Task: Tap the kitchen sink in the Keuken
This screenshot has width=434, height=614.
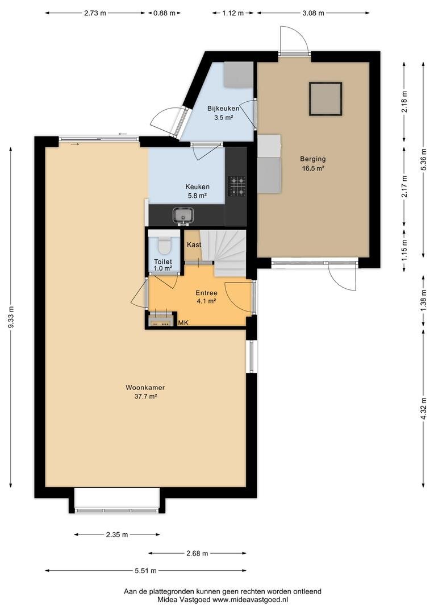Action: (x=183, y=215)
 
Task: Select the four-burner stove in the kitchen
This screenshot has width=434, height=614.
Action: (x=237, y=185)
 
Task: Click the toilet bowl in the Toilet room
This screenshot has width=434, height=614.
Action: (x=163, y=245)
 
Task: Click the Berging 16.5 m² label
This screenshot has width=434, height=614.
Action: (x=312, y=164)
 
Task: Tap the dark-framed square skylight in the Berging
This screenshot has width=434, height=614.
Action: (x=325, y=99)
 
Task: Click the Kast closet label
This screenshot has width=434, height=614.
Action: (x=194, y=244)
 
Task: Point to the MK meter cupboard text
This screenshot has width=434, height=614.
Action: (x=183, y=323)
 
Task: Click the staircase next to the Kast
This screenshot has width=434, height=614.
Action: (x=223, y=253)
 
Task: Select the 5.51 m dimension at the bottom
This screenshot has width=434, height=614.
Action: (x=145, y=571)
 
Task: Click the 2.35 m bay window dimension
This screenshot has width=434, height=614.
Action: (x=116, y=534)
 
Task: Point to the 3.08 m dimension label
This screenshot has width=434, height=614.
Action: (x=313, y=13)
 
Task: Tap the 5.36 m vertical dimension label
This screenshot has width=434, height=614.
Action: (x=424, y=159)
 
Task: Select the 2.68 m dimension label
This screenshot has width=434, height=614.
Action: (x=197, y=553)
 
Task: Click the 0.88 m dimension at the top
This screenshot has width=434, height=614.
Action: (x=164, y=13)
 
